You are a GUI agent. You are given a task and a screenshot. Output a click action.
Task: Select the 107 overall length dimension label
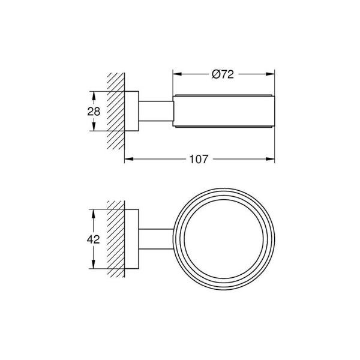tap(199, 160)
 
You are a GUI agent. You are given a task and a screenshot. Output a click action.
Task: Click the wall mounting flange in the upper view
tap(132, 112)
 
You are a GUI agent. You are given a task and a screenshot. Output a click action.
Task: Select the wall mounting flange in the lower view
tap(132, 238)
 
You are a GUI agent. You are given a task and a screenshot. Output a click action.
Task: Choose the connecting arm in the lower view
tap(157, 238)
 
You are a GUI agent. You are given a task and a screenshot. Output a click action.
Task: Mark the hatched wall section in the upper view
tap(115, 112)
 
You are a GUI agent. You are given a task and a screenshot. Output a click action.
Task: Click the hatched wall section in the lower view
tap(115, 238)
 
